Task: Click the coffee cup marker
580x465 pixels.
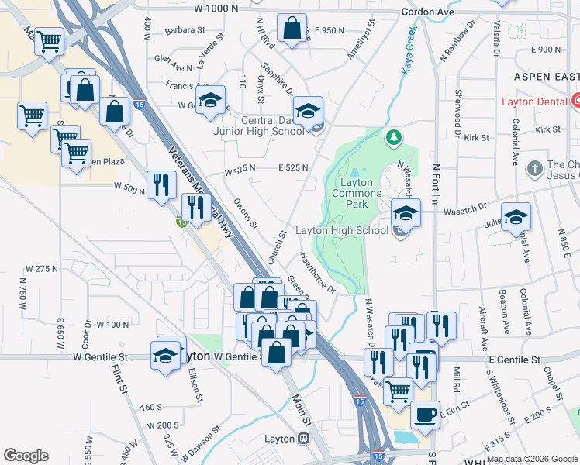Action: [x=424, y=415]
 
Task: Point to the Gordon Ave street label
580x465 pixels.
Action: [x=427, y=12]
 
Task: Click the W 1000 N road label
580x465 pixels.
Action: [x=216, y=8]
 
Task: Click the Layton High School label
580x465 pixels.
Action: [x=342, y=231]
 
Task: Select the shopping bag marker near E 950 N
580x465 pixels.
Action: [x=291, y=29]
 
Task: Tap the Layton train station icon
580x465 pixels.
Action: [x=303, y=439]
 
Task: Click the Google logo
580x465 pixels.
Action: [x=26, y=455]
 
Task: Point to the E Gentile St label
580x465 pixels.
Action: [x=515, y=360]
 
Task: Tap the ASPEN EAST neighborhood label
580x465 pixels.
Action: [x=546, y=77]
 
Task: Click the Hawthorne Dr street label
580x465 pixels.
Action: [x=318, y=274]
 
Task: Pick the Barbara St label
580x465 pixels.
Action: [x=184, y=31]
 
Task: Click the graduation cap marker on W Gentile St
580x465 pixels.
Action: [x=165, y=356]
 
